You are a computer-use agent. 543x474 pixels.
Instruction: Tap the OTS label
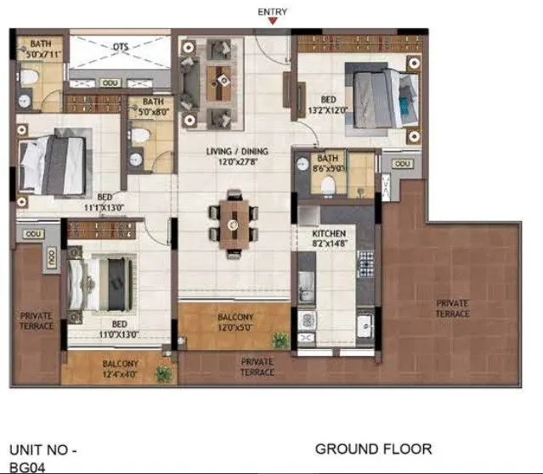coord(121,48)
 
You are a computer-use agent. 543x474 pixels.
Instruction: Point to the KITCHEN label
coord(327,237)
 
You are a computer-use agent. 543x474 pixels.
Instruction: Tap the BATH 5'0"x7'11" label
coord(43,49)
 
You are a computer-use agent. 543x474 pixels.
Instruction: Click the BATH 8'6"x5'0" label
coord(327,163)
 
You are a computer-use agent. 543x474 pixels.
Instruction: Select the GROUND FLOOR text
coord(373,448)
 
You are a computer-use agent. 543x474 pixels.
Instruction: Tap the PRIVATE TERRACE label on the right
coord(453,308)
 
